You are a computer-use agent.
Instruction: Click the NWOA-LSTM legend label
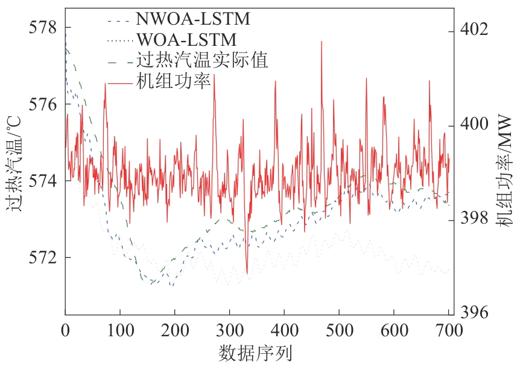[192, 19]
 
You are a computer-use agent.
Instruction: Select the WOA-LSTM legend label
[186, 40]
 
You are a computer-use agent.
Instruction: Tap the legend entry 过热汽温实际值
[202, 60]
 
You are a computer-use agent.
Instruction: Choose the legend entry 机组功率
[173, 81]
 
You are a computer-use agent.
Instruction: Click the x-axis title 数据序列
[257, 351]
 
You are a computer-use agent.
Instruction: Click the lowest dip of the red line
[246, 273]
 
